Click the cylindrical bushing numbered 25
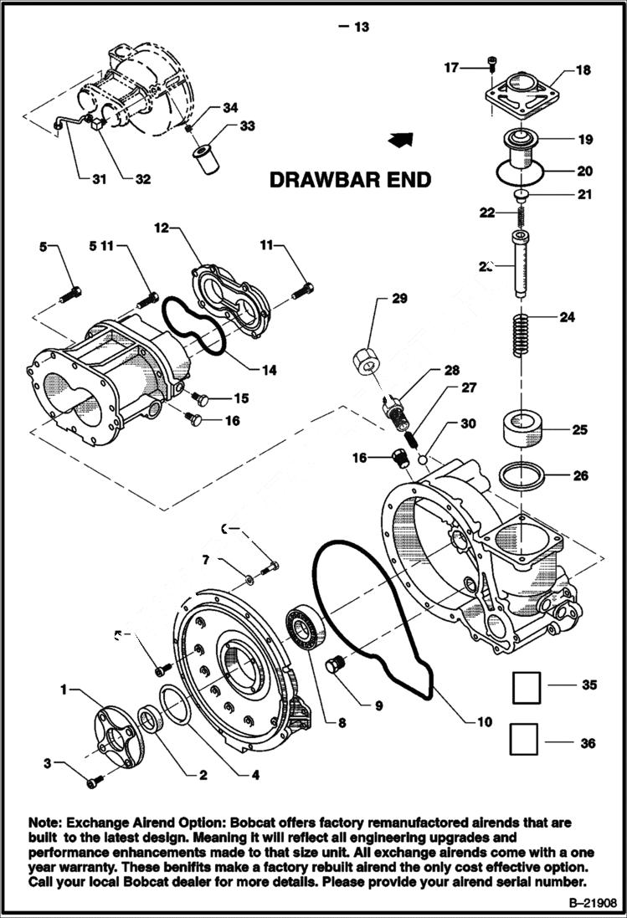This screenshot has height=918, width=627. pyautogui.click(x=523, y=431)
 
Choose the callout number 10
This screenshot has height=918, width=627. pyautogui.click(x=484, y=721)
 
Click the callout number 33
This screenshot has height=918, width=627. pyautogui.click(x=247, y=126)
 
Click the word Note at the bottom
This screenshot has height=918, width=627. pyautogui.click(x=46, y=823)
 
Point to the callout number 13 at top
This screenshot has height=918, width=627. pyautogui.click(x=361, y=28)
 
